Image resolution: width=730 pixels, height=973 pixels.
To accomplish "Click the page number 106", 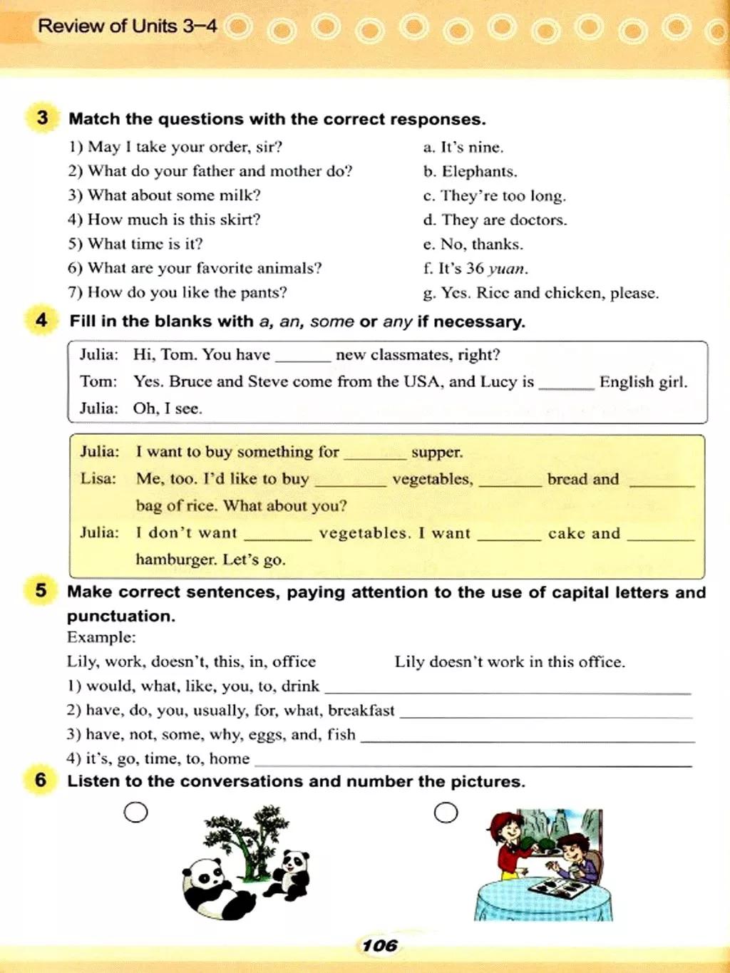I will [379, 945].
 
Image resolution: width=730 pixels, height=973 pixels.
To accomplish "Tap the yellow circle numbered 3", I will [42, 117].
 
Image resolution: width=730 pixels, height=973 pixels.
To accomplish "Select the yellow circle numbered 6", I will [41, 779].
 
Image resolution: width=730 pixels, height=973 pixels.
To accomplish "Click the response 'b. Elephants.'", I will [470, 172].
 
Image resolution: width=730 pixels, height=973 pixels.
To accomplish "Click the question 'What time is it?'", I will [145, 244].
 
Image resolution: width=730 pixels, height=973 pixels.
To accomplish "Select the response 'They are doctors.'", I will [504, 220].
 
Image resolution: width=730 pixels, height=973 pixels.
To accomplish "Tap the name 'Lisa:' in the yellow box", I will [98, 478].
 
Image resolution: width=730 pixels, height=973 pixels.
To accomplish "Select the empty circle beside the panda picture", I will [135, 812].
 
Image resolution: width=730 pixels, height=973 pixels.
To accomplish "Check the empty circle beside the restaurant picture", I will [446, 813].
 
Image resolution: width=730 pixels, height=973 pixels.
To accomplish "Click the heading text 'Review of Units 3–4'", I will [128, 26].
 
